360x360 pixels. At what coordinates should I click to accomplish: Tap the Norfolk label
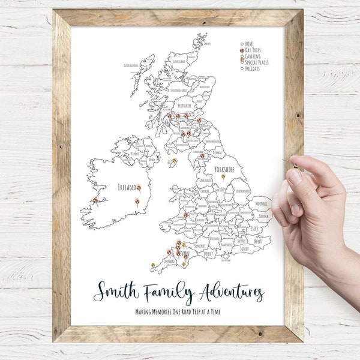(260, 203)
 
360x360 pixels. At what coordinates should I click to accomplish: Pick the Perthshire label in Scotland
(181, 105)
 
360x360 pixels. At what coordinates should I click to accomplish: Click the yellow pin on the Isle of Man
(175, 161)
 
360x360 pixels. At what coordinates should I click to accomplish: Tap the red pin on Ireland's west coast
(95, 201)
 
